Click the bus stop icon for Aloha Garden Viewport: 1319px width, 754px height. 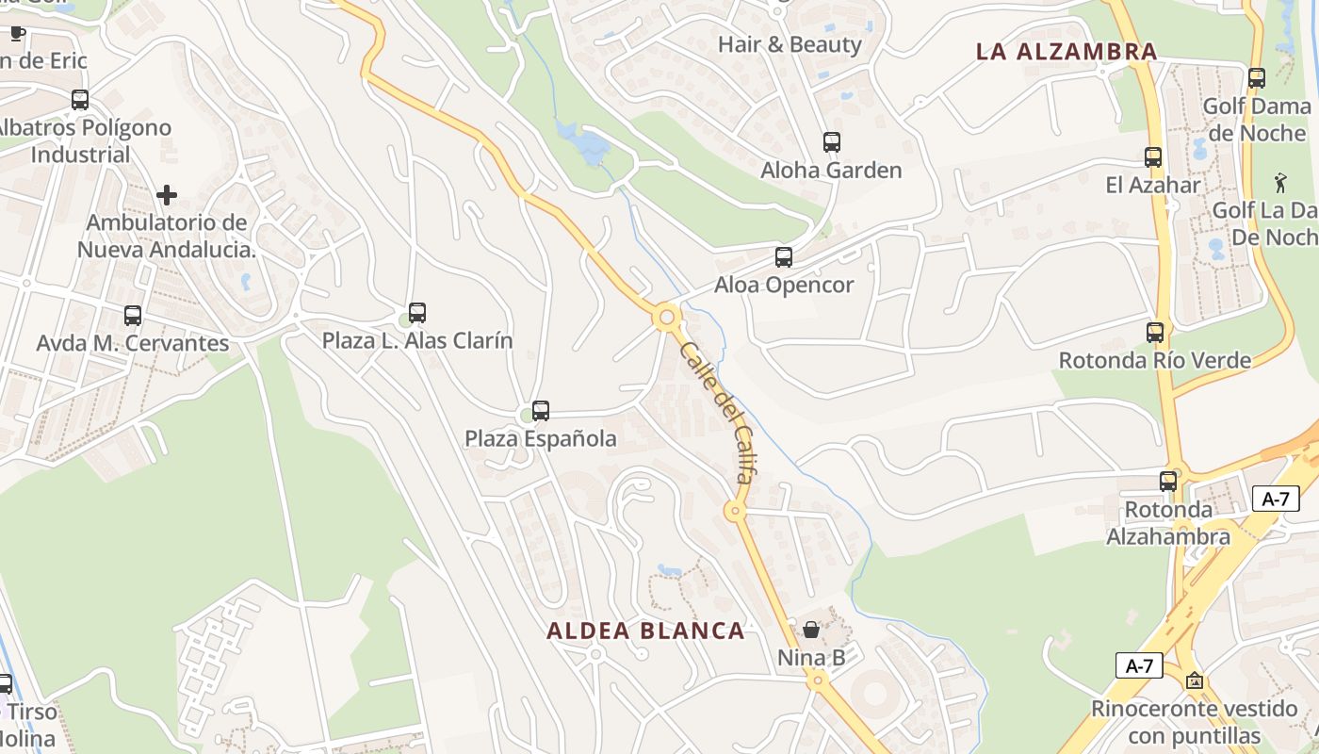pos(832,142)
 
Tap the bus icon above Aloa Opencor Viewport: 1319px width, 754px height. pos(783,256)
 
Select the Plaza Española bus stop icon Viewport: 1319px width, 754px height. pos(541,410)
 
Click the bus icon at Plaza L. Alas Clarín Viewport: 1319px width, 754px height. pos(417,312)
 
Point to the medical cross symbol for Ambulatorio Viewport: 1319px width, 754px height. pos(167,195)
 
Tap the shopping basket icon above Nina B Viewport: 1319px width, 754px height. pos(811,629)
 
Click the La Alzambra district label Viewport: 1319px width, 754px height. pos(1066,52)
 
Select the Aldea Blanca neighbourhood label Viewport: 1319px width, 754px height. pos(645,631)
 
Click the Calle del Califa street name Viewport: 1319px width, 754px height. pos(716,412)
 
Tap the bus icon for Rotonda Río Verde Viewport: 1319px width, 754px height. pos(1155,332)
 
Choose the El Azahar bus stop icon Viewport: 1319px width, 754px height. pos(1153,156)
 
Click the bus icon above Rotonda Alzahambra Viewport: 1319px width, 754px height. pos(1168,481)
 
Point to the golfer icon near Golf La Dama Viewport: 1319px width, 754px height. pos(1279,181)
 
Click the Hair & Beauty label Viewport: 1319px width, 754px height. pos(790,44)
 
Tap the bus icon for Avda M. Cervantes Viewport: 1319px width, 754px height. pos(133,315)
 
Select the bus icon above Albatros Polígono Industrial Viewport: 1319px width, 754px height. pos(80,99)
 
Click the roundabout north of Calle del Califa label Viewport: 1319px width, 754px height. pos(667,318)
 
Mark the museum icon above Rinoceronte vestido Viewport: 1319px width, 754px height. pos(1195,680)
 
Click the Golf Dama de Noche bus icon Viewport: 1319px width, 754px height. pos(1256,77)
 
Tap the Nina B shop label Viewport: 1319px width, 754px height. pos(811,657)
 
